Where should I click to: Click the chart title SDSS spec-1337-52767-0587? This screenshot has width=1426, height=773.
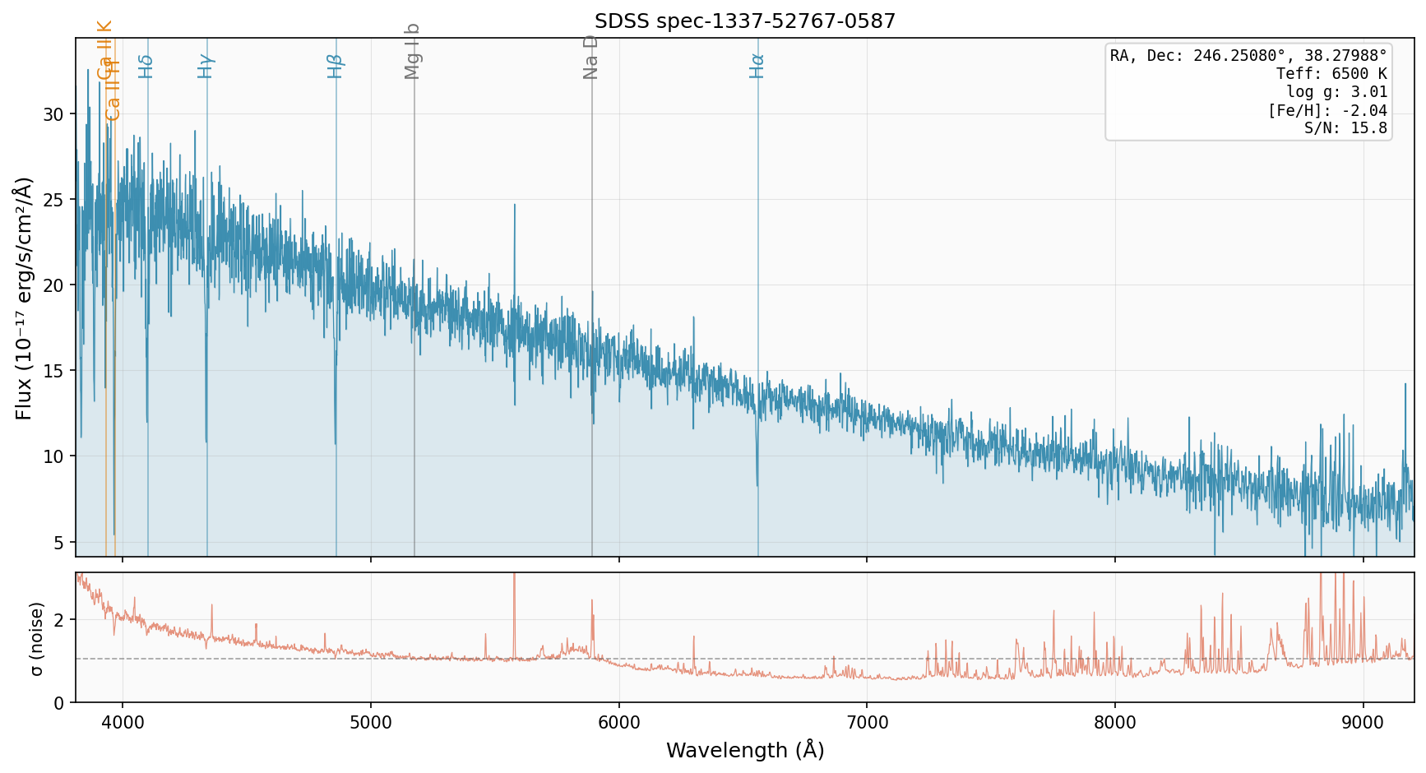tap(745, 21)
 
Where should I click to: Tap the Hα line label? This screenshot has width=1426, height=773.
tap(757, 66)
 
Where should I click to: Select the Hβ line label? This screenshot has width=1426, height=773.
tap(336, 66)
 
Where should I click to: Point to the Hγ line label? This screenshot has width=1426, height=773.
tap(206, 66)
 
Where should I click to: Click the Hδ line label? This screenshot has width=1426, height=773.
tap(146, 66)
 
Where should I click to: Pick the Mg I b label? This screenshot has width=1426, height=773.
tap(413, 51)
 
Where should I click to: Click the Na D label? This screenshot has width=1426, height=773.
tap(590, 58)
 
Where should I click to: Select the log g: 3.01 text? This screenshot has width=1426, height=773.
tap(1336, 92)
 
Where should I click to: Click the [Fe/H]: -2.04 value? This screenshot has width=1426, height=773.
tap(1327, 110)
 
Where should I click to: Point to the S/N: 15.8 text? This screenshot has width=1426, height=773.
tap(1345, 128)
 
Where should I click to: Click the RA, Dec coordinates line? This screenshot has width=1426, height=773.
tap(1248, 56)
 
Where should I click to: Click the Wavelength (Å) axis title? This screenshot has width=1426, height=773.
tap(745, 750)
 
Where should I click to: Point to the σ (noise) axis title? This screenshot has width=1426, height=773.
tap(36, 638)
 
